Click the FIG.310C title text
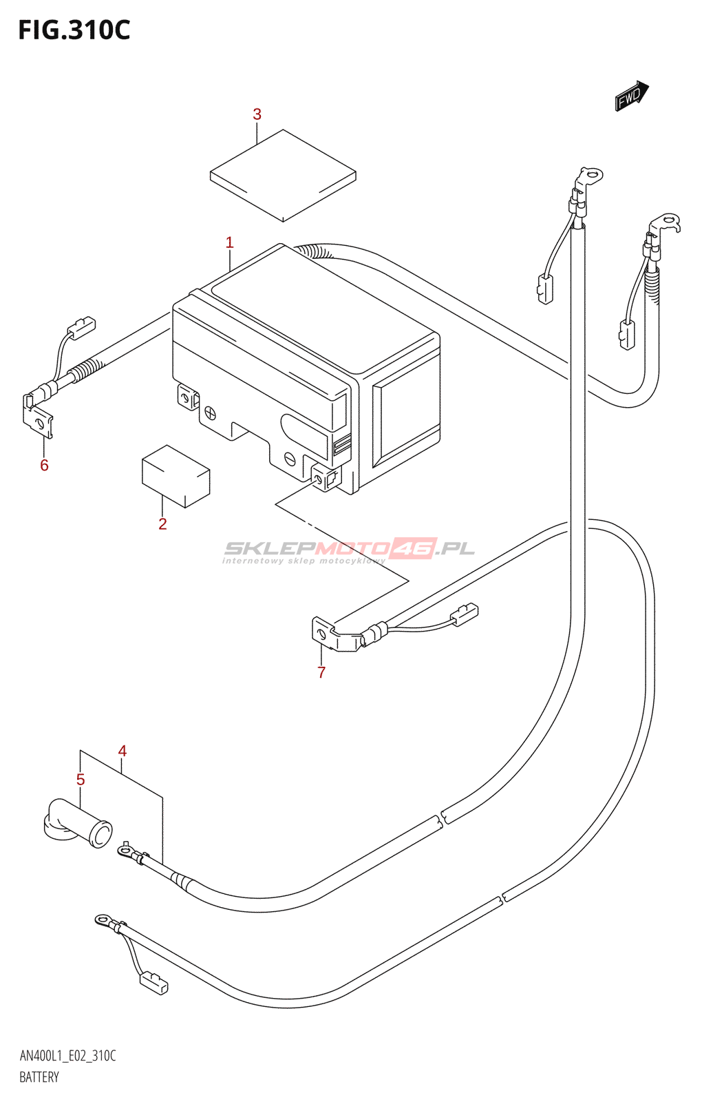[74, 31]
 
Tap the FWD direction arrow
[631, 96]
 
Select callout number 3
[257, 114]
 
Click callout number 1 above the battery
[229, 242]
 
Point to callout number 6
[44, 465]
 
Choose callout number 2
[162, 523]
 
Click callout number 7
[321, 672]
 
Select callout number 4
[123, 751]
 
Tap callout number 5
[81, 780]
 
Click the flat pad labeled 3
[283, 175]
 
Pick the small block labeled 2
[175, 477]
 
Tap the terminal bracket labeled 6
[39, 416]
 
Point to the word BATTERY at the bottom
[39, 1077]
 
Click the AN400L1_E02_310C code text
[67, 1056]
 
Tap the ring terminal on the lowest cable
[105, 919]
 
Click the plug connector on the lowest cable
[153, 983]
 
